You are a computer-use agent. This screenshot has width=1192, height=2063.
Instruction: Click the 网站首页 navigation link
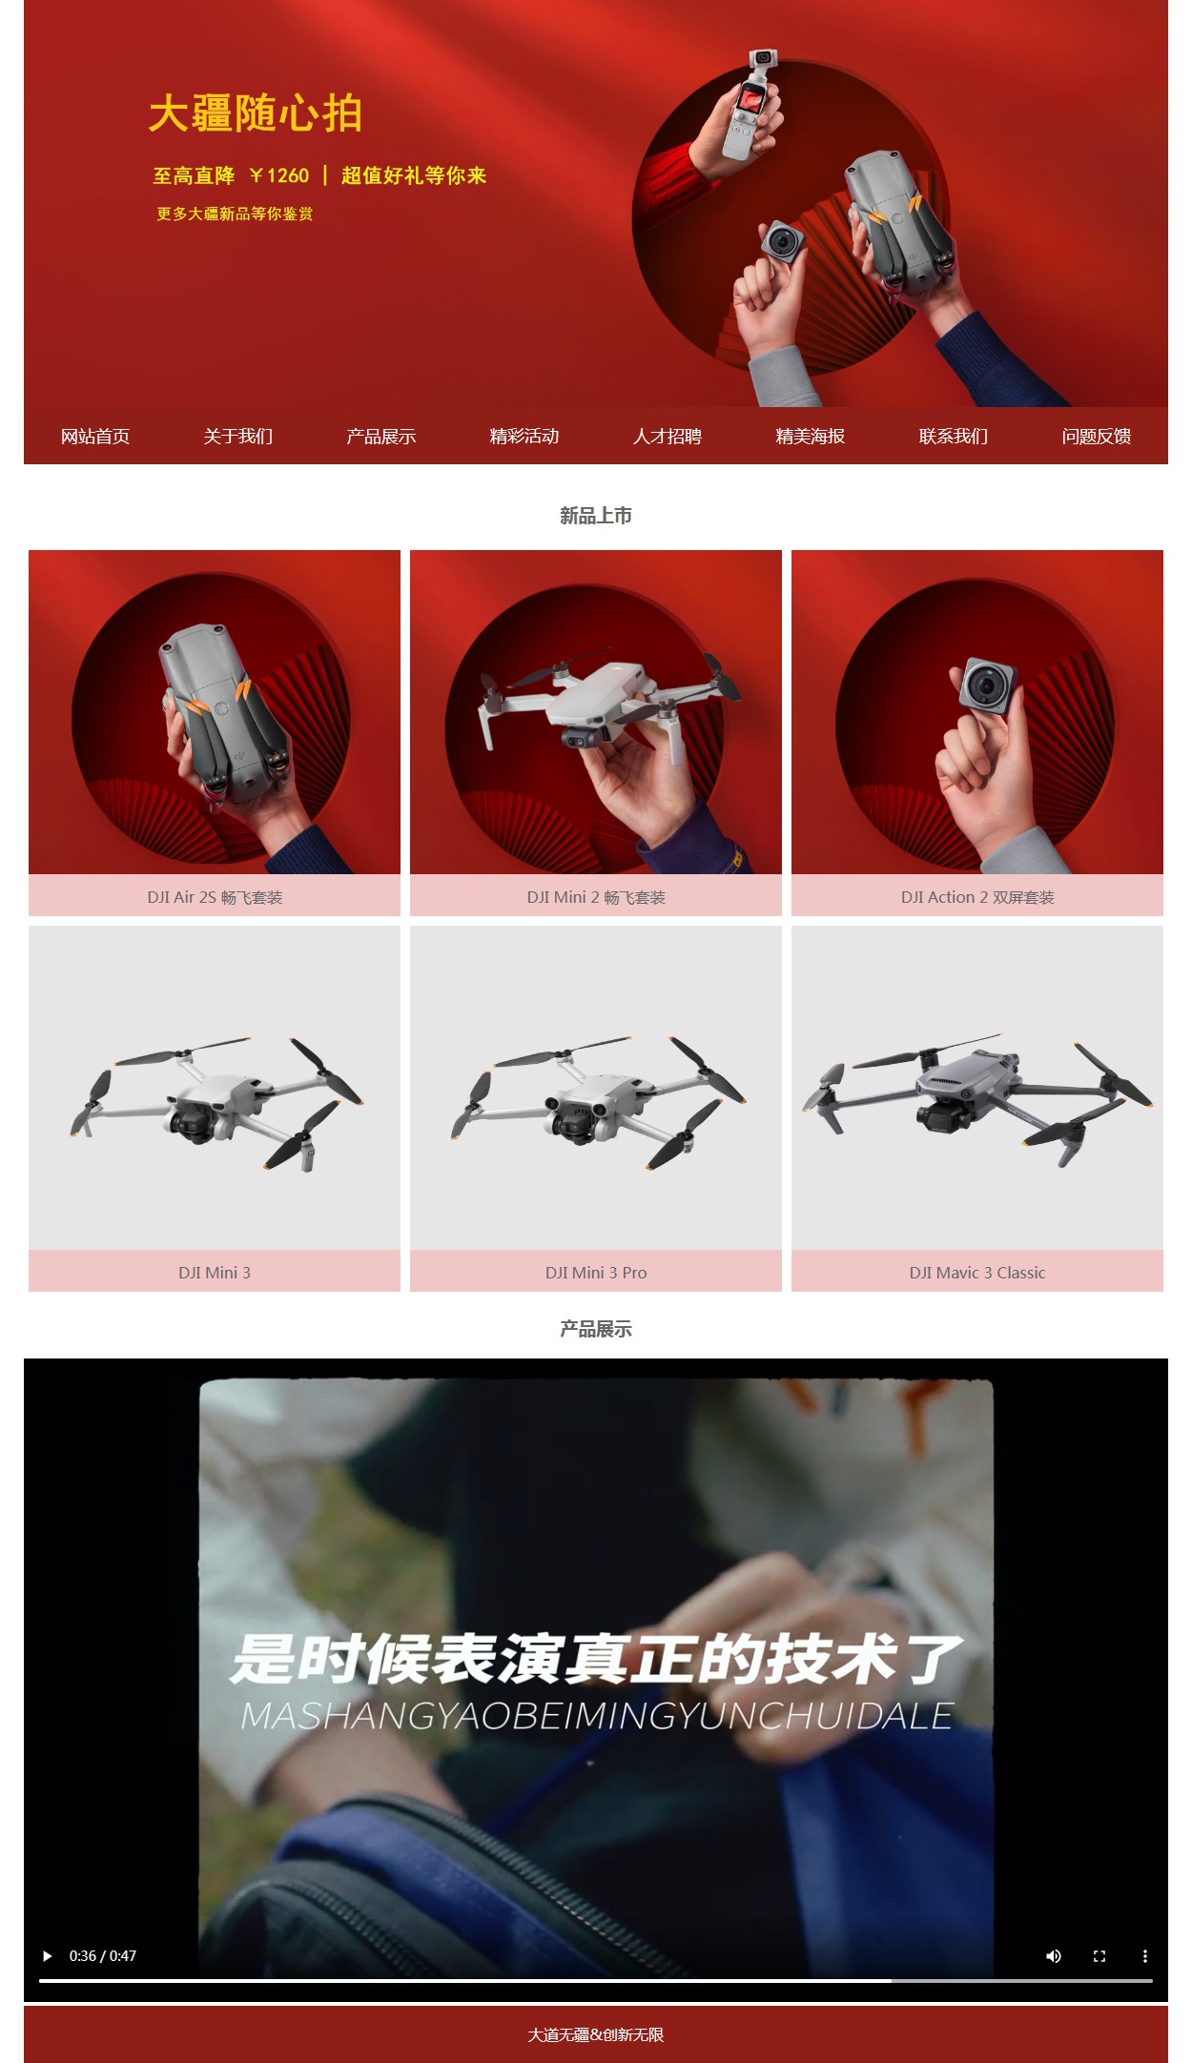[95, 437]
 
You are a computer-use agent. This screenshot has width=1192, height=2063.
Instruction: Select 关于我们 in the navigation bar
[238, 437]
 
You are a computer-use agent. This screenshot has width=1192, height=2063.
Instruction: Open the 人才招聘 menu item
[668, 437]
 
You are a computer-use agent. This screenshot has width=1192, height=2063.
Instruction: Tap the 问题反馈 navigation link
[1097, 437]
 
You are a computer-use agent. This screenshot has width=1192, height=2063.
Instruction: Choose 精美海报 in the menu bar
[811, 437]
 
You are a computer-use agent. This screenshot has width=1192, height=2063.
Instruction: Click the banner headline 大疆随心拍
[256, 113]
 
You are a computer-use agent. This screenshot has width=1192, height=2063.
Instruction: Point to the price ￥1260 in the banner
[279, 175]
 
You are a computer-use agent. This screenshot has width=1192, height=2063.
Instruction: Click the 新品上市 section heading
[596, 516]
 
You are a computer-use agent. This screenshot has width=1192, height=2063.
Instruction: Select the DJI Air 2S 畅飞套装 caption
[215, 897]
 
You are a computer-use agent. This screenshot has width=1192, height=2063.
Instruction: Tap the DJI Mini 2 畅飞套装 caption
[596, 897]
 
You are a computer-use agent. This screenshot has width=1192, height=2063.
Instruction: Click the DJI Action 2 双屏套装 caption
[977, 897]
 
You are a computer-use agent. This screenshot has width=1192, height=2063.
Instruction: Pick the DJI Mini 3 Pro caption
[596, 1273]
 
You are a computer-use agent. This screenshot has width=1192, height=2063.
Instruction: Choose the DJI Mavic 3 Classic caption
[977, 1273]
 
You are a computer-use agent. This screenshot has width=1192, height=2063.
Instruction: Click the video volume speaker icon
[1054, 1955]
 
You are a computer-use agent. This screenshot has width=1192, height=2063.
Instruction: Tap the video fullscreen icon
[1100, 1955]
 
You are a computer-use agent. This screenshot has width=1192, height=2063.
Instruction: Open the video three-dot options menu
[1145, 1955]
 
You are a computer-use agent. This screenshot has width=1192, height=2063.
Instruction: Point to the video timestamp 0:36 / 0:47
[103, 1955]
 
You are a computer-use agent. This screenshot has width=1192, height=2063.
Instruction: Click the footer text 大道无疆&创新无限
[596, 2034]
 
